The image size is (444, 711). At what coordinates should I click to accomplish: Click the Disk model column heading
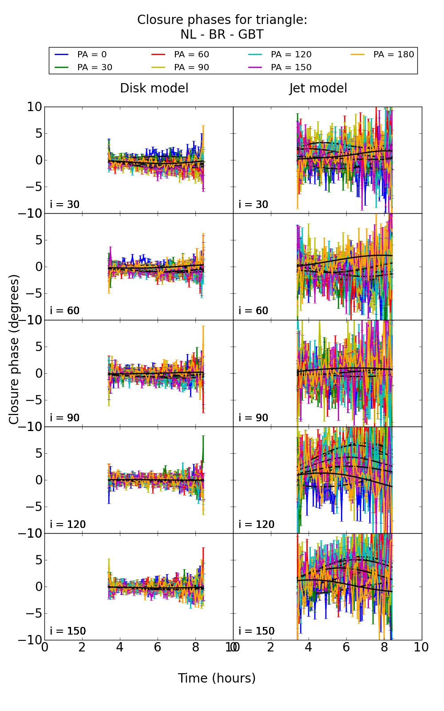(154, 88)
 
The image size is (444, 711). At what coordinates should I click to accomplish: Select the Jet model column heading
(318, 88)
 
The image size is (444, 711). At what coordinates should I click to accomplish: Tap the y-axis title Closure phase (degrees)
(14, 349)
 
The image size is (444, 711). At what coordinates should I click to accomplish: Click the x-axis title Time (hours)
(217, 679)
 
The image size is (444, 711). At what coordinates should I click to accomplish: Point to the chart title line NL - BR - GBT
(222, 35)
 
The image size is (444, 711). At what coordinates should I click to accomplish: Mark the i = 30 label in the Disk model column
(65, 204)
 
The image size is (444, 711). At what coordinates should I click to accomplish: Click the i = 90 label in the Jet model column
(254, 418)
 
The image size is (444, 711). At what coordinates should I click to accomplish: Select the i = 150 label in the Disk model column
(68, 631)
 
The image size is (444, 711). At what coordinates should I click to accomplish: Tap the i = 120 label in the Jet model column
(257, 524)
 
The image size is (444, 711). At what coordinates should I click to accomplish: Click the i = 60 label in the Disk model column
(65, 311)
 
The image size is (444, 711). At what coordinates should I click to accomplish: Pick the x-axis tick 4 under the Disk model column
(120, 647)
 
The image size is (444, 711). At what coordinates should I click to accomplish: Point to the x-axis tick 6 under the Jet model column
(346, 647)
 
